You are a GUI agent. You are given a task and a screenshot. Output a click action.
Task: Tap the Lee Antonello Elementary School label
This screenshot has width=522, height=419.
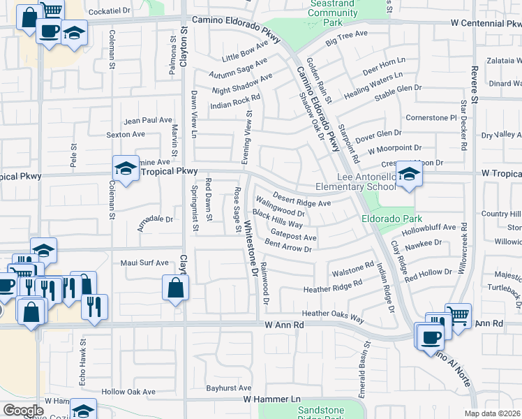355,182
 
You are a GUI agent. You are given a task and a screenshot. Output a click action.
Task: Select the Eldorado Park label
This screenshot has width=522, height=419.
387,218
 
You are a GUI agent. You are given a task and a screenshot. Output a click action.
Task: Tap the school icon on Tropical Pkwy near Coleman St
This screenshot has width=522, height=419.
126,168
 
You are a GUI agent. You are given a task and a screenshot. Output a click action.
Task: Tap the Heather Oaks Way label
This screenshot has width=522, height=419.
333,318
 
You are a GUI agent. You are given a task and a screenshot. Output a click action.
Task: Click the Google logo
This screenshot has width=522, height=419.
23,411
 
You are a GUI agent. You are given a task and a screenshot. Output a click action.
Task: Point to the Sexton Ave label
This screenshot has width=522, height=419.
126,134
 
